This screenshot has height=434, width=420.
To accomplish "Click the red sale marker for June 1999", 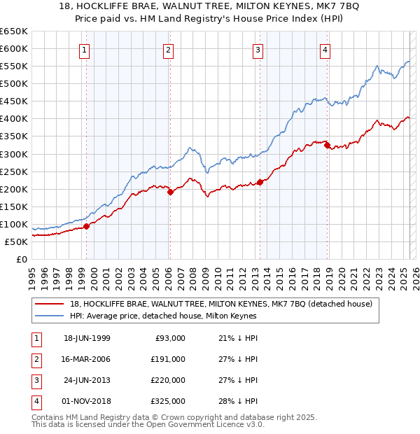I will tap(87, 226).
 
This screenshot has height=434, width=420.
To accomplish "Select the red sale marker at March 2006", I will tap(170, 192).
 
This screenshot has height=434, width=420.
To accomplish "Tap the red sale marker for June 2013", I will tap(260, 182).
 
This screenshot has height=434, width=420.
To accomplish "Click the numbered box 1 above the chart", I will tap(84, 50).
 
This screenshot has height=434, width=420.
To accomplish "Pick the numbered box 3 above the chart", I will tap(258, 50).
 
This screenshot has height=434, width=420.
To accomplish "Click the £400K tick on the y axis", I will tap(14, 118).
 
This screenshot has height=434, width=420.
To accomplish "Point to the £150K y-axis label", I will tap(14, 206).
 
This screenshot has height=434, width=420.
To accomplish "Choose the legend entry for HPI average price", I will tap(163, 316).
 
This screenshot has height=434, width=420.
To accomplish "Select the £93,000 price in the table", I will tap(170, 338).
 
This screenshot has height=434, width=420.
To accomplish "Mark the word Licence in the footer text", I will tap(219, 425).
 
